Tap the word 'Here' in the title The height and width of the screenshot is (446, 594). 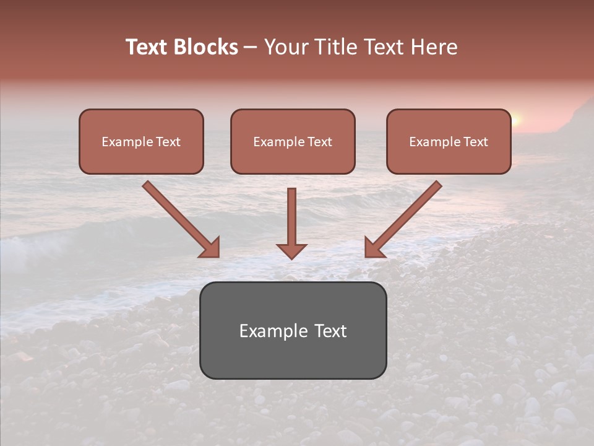click(434, 47)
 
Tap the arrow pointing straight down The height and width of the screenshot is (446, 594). click(291, 223)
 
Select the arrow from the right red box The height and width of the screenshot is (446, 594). click(403, 219)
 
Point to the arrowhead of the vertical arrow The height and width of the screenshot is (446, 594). click(291, 250)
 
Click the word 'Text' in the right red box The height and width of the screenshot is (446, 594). click(475, 142)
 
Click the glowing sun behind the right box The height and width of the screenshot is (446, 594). click(517, 120)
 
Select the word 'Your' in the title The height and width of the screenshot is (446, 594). click(285, 47)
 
